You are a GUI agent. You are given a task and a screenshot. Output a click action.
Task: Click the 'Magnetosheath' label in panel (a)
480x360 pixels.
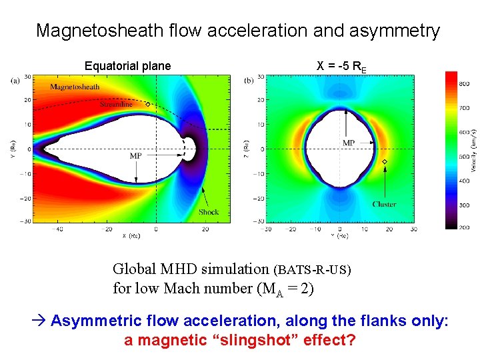(x=75, y=87)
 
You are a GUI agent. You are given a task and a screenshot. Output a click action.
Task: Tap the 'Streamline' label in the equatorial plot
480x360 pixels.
(x=116, y=104)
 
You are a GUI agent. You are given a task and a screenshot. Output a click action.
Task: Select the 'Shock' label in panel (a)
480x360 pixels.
(x=208, y=212)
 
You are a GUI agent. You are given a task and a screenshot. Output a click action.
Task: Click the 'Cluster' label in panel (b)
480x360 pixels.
(x=384, y=204)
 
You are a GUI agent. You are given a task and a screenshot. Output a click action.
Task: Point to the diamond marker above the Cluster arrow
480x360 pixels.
(x=384, y=162)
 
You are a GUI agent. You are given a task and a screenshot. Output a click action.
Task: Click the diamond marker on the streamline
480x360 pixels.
(x=147, y=104)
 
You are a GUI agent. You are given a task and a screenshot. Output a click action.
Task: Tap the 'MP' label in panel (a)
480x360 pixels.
(x=135, y=155)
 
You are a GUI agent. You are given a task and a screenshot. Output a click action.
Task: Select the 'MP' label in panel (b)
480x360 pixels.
(x=348, y=143)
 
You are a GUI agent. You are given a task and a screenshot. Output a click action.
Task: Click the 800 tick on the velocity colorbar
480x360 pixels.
(x=465, y=83)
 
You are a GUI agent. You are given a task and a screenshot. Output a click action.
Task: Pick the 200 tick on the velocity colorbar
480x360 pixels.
(x=465, y=227)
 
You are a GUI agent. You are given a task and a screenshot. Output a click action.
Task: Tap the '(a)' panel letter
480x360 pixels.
(x=15, y=81)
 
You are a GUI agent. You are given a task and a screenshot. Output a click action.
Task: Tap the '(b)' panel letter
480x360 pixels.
(x=249, y=81)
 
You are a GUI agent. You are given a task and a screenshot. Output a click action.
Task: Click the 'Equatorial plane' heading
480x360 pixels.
(x=127, y=66)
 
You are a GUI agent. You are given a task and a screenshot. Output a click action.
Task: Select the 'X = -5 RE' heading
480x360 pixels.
(x=340, y=67)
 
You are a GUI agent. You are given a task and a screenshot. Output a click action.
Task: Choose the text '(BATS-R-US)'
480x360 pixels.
(x=311, y=271)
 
